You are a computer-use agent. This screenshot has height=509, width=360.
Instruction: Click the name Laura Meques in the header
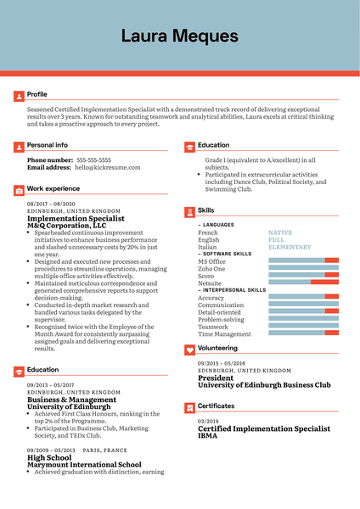pyautogui.click(x=179, y=36)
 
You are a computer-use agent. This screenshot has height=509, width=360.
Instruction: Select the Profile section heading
pyautogui.click(x=37, y=94)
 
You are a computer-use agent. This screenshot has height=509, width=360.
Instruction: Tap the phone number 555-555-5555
pyautogui.click(x=93, y=159)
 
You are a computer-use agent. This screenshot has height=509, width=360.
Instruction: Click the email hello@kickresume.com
pyautogui.click(x=105, y=168)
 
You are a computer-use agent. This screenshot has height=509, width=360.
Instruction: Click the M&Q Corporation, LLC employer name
pyautogui.click(x=67, y=226)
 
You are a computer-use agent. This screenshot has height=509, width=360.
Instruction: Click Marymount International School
pyautogui.click(x=84, y=464)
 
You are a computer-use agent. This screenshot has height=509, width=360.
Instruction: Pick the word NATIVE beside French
pyautogui.click(x=280, y=232)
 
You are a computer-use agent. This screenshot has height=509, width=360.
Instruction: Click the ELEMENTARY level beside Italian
pyautogui.click(x=290, y=247)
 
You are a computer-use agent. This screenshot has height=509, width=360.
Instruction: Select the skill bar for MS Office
pyautogui.click(x=303, y=260)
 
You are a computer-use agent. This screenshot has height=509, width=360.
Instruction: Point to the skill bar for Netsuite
pyautogui.click(x=303, y=283)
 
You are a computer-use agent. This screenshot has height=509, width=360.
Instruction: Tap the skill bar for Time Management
pyautogui.click(x=303, y=334)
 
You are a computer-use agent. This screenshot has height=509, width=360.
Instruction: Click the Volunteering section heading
pyautogui.click(x=217, y=348)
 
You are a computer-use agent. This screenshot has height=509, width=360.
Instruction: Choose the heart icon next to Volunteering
pyautogui.click(x=188, y=349)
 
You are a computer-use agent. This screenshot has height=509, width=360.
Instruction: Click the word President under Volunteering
pyautogui.click(x=216, y=378)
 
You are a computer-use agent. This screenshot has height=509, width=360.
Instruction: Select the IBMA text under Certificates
pyautogui.click(x=208, y=436)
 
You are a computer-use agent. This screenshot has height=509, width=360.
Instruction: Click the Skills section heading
pyautogui.click(x=205, y=210)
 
